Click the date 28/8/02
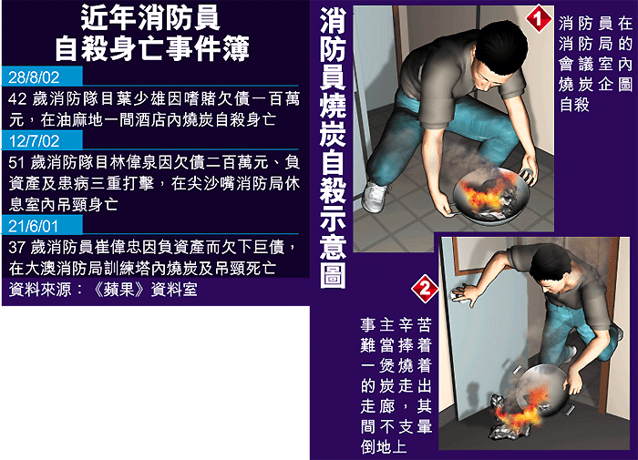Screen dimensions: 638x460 coord(34,77)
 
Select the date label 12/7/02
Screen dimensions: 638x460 coord(34,141)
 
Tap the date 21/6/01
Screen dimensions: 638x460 coord(34,226)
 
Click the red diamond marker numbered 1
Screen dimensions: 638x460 coord(539,18)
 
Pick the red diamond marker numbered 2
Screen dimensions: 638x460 coord(425,289)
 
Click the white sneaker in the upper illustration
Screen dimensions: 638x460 coord(375,197)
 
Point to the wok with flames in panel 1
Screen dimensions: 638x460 coord(491,196)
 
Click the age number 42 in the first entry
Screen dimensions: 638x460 coord(17,99)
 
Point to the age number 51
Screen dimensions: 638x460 coord(16,163)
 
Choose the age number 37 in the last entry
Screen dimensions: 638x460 coord(16,247)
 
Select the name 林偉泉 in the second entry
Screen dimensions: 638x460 coord(134,163)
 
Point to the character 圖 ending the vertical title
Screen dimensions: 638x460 coord(333,274)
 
